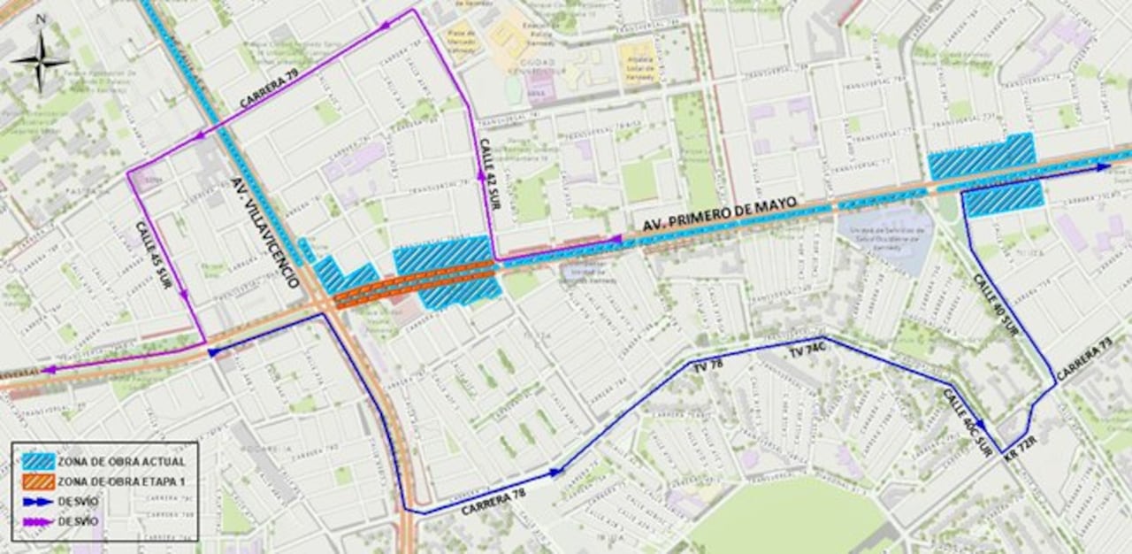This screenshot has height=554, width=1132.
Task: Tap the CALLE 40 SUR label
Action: click(x=996, y=304)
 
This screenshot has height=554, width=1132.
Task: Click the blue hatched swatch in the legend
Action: click(x=39, y=462)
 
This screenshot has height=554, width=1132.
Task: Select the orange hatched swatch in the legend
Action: click(x=39, y=481)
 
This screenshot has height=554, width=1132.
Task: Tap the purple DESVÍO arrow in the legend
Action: click(x=39, y=521)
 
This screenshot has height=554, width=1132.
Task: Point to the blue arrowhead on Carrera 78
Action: click(x=555, y=473)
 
